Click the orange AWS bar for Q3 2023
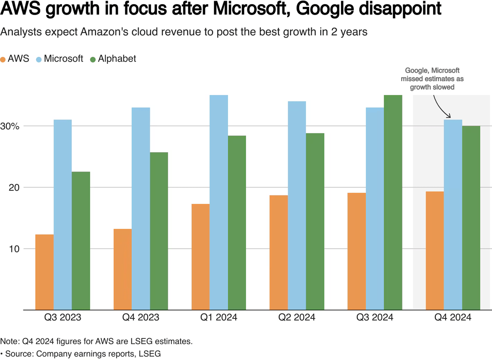45,272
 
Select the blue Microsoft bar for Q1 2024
219,202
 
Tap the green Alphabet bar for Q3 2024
393,202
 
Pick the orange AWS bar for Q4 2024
435,250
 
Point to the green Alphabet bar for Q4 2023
159,231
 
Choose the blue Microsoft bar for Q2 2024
297,205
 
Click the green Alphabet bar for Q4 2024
471,217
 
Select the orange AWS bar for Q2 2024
279,252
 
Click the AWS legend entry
15,59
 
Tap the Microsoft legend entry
60,59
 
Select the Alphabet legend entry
113,59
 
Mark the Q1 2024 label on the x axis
219,317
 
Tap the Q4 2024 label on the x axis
453,317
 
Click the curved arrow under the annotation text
441,106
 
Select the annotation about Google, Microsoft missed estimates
432,79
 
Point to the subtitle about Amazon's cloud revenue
184,32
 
